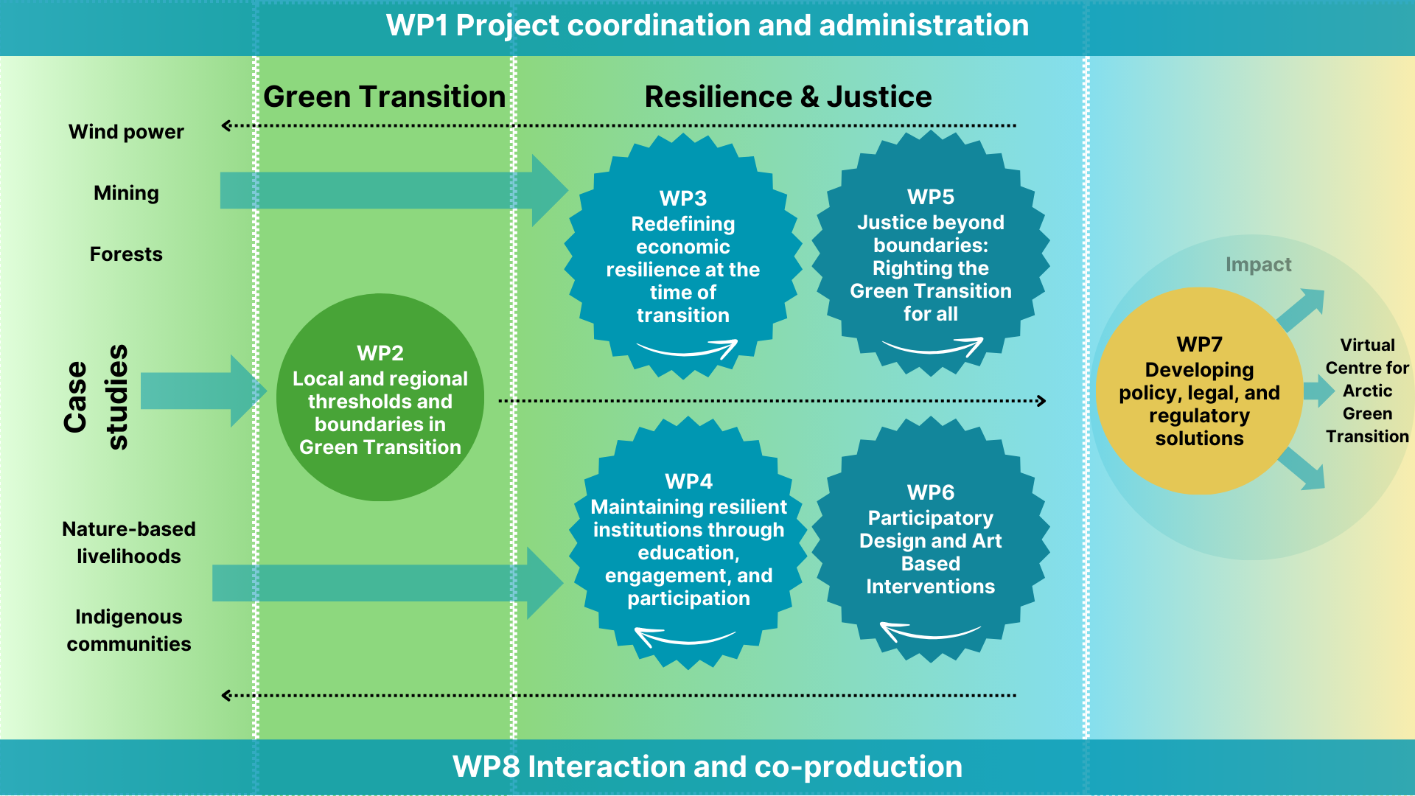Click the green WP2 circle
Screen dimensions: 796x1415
click(380, 398)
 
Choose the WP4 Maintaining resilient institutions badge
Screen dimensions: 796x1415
click(688, 542)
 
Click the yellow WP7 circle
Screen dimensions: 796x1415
click(1198, 391)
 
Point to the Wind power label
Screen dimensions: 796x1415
click(126, 132)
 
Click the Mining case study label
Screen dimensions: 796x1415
click(126, 193)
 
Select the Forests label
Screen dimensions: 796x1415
click(126, 254)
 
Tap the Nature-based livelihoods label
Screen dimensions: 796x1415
click(128, 542)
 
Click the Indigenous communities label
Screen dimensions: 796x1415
click(128, 630)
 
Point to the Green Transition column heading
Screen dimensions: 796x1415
click(384, 97)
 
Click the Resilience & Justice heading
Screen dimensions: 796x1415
click(788, 97)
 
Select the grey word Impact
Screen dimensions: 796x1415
click(1258, 265)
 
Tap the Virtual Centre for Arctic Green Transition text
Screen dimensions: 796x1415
click(1367, 391)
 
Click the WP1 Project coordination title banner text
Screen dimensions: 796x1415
click(707, 26)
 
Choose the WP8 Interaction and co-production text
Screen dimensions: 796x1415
click(707, 767)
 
